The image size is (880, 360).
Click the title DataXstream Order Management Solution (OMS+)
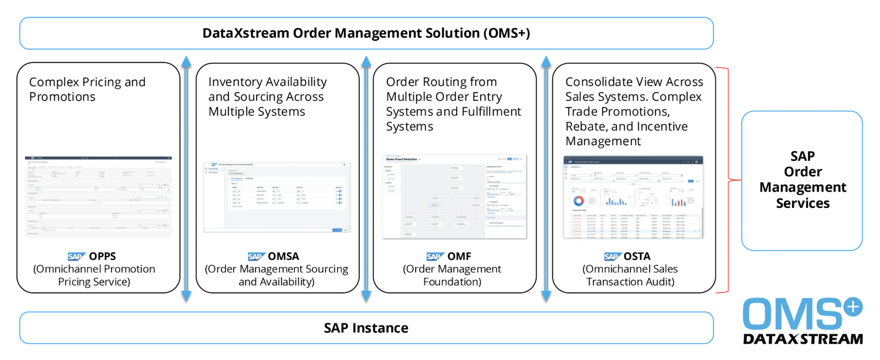click(x=366, y=33)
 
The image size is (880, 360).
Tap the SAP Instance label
click(x=366, y=328)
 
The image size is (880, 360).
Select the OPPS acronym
click(x=102, y=256)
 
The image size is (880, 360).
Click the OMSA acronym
click(x=283, y=256)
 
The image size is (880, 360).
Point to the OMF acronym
click(x=459, y=256)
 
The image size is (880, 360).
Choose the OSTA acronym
click(x=637, y=256)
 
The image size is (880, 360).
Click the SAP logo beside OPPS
click(x=76, y=256)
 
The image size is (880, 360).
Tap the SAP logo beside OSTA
click(x=612, y=256)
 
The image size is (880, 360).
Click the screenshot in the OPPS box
click(x=98, y=197)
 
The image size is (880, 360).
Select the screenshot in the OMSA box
click(x=277, y=197)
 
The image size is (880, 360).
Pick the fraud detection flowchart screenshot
click(x=454, y=196)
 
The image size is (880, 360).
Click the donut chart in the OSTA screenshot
click(x=578, y=201)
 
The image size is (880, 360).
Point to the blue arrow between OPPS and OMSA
click(x=186, y=178)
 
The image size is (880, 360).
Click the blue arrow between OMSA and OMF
click(x=366, y=178)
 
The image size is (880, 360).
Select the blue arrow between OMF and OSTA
click(x=546, y=178)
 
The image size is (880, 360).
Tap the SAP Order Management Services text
click(x=802, y=180)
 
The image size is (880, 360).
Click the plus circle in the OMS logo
click(x=853, y=307)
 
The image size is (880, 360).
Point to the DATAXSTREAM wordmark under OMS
click(x=803, y=339)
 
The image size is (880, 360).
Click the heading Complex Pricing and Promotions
click(x=87, y=89)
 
